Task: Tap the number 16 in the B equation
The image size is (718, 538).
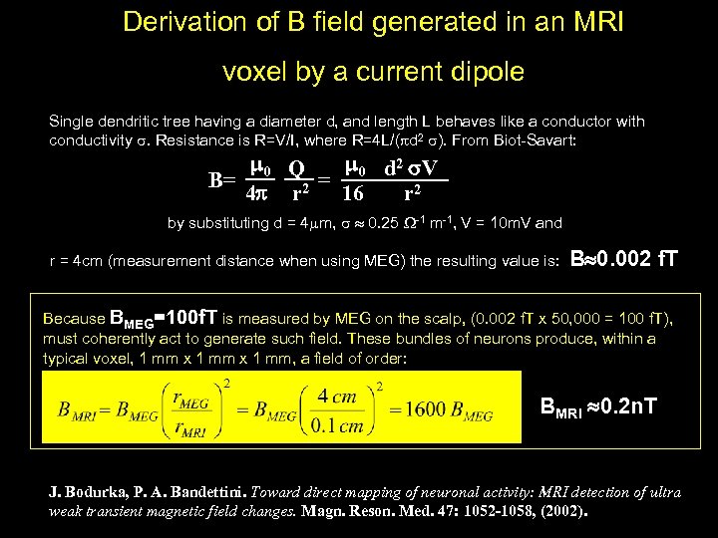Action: pos(355,193)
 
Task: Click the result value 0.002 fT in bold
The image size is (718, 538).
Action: pos(623,260)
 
